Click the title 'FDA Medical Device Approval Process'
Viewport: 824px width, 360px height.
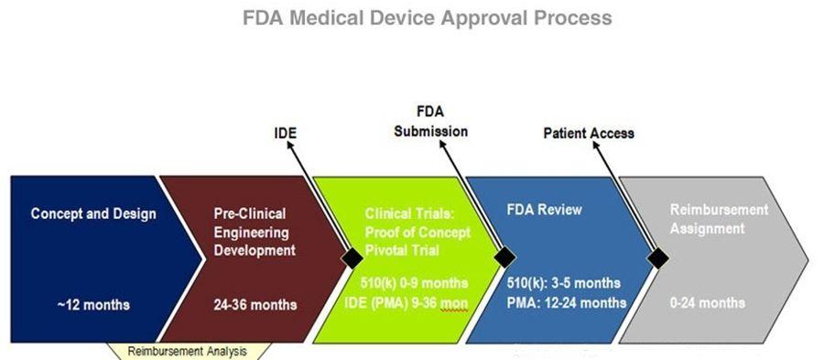click(x=428, y=18)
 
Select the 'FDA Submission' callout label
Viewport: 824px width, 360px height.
click(x=430, y=122)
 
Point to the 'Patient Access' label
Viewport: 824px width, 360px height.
click(x=589, y=133)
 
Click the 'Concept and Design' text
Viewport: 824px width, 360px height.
click(x=93, y=213)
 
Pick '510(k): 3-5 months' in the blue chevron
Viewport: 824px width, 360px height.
click(x=563, y=282)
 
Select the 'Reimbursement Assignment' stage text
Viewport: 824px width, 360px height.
click(x=719, y=219)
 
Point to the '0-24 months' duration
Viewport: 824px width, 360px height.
click(x=708, y=302)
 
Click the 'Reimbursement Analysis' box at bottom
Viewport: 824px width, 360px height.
click(x=188, y=350)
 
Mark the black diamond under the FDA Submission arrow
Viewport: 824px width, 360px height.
click(x=503, y=258)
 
